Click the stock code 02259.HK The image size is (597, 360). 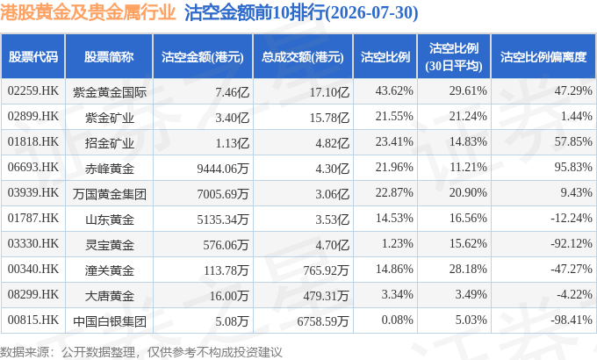tap(33, 91)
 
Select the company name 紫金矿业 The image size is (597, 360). tap(109, 118)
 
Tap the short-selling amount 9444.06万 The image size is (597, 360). tap(223, 168)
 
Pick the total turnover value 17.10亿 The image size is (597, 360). tap(329, 92)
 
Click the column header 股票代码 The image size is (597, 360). tap(33, 57)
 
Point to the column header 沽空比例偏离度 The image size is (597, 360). tap(543, 57)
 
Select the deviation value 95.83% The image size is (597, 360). tap(573, 167)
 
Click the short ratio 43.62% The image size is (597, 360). tap(394, 91)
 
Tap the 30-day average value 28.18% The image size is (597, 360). tap(468, 269)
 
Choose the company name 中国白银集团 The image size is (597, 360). tap(109, 321)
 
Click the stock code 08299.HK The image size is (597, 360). tap(33, 294)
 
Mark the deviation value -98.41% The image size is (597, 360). tap(572, 320)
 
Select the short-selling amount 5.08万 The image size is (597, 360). tap(232, 320)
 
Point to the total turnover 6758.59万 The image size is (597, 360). tap(323, 320)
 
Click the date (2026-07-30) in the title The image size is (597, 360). tap(372, 12)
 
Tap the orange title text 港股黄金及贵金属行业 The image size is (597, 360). tap(88, 12)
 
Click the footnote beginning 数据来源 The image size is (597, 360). tap(140, 352)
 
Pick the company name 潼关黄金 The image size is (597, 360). tap(109, 270)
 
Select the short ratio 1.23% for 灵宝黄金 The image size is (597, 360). tap(398, 243)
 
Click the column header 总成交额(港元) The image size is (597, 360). tap(303, 57)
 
